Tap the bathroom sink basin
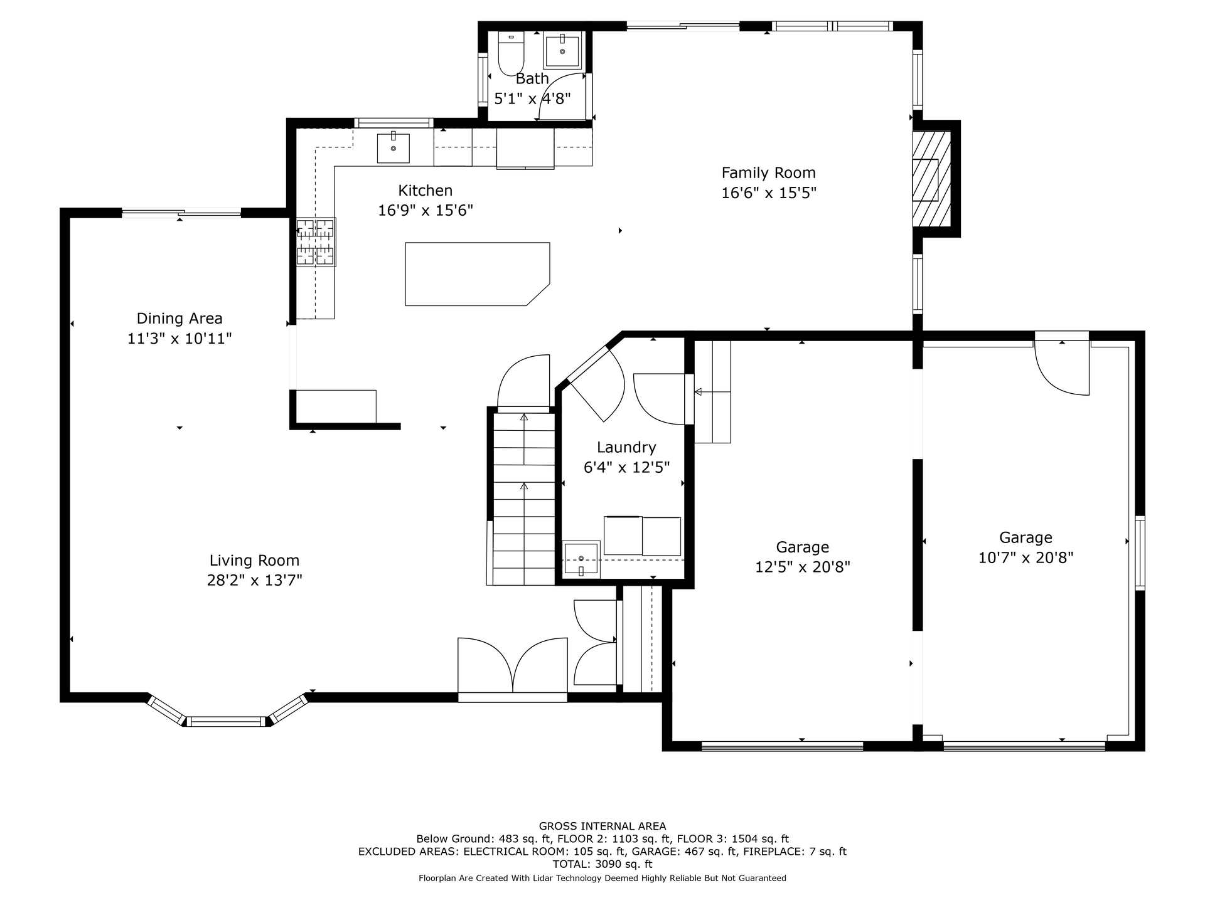point(562,50)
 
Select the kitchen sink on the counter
point(393,148)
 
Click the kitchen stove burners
point(316,242)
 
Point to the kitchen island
point(478,274)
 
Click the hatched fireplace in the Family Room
point(931,179)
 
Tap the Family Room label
point(769,172)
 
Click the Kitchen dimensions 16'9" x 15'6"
point(426,210)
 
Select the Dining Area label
point(179,319)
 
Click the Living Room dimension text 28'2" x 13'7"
point(255,580)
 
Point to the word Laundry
point(626,448)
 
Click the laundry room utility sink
point(581,559)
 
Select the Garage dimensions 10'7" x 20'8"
point(1026,557)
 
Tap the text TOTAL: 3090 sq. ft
point(602,864)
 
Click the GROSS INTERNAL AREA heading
point(602,826)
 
